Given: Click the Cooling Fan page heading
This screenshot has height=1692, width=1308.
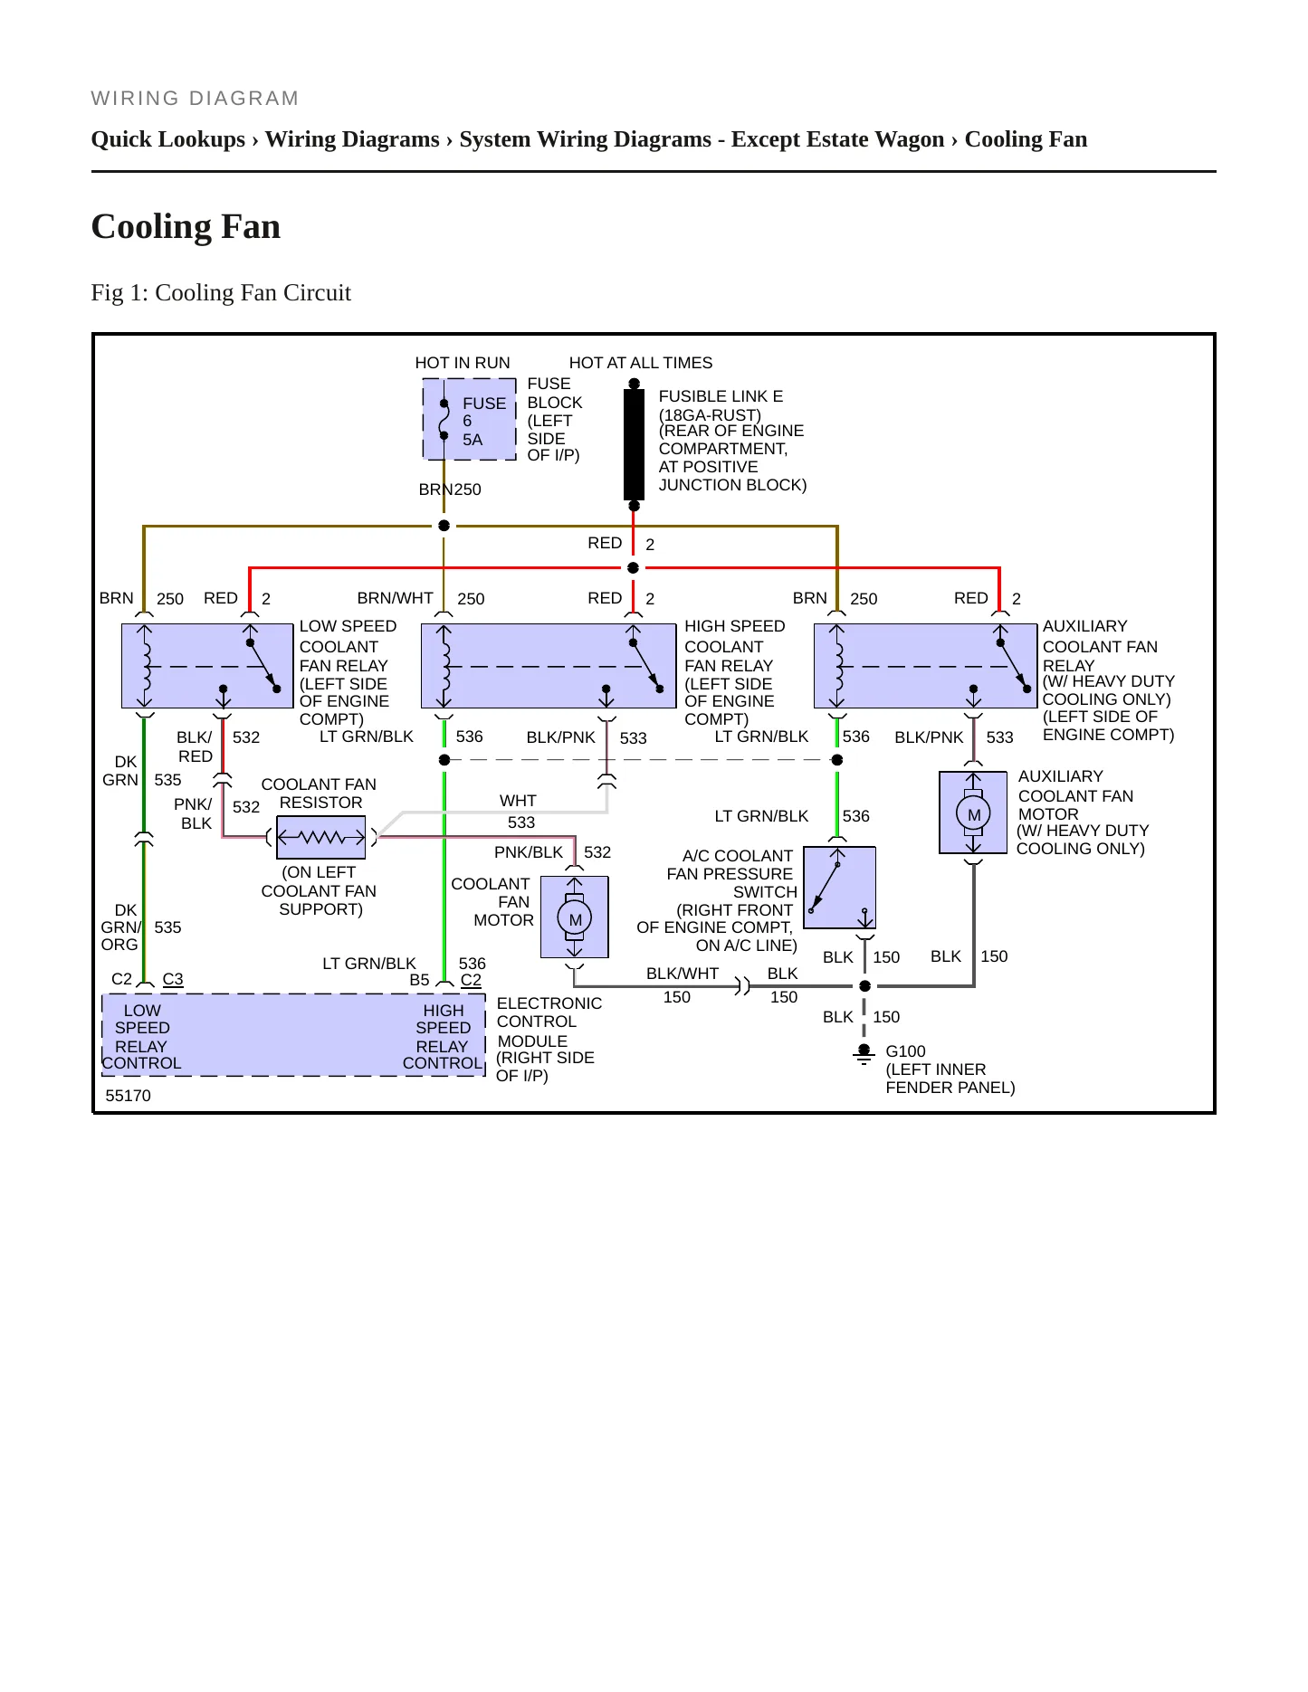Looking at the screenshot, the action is pos(186,226).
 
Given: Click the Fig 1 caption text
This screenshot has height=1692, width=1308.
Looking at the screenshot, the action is pos(221,292).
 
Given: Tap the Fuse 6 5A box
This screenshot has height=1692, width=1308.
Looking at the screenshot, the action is pos(470,420).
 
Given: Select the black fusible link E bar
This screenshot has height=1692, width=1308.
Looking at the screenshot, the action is pos(634,444).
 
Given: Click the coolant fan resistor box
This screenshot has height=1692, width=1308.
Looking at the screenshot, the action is pos(321,837).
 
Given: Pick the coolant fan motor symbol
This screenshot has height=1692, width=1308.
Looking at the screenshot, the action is pos(575,917).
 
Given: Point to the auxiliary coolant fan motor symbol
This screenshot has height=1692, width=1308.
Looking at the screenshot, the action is pos(973,813).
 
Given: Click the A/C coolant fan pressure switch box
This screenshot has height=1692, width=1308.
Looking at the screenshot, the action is pos(839,888).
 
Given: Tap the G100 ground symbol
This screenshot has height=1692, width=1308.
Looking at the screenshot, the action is pos(864,1054).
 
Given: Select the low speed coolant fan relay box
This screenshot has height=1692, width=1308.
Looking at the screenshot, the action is pos(208,666).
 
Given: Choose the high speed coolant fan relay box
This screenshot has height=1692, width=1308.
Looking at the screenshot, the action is pos(549,666).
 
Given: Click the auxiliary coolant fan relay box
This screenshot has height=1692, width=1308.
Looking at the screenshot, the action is pos(925,666).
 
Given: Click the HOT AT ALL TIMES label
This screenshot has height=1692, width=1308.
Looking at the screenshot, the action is pos(641,363).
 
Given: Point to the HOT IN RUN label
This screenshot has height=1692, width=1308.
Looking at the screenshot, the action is pos(463,363).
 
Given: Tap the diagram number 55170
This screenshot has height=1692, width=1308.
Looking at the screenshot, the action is pos(129,1096).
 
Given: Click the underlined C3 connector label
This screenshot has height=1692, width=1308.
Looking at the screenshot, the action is pos(173,979).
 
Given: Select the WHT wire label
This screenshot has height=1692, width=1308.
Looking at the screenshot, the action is pos(518,801).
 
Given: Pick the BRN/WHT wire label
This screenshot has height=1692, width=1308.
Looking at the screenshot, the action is pos(396,598).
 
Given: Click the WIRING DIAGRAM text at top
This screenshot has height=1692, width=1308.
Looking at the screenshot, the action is pos(196,99).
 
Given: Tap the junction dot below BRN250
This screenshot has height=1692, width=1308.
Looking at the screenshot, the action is pos(444,526).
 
